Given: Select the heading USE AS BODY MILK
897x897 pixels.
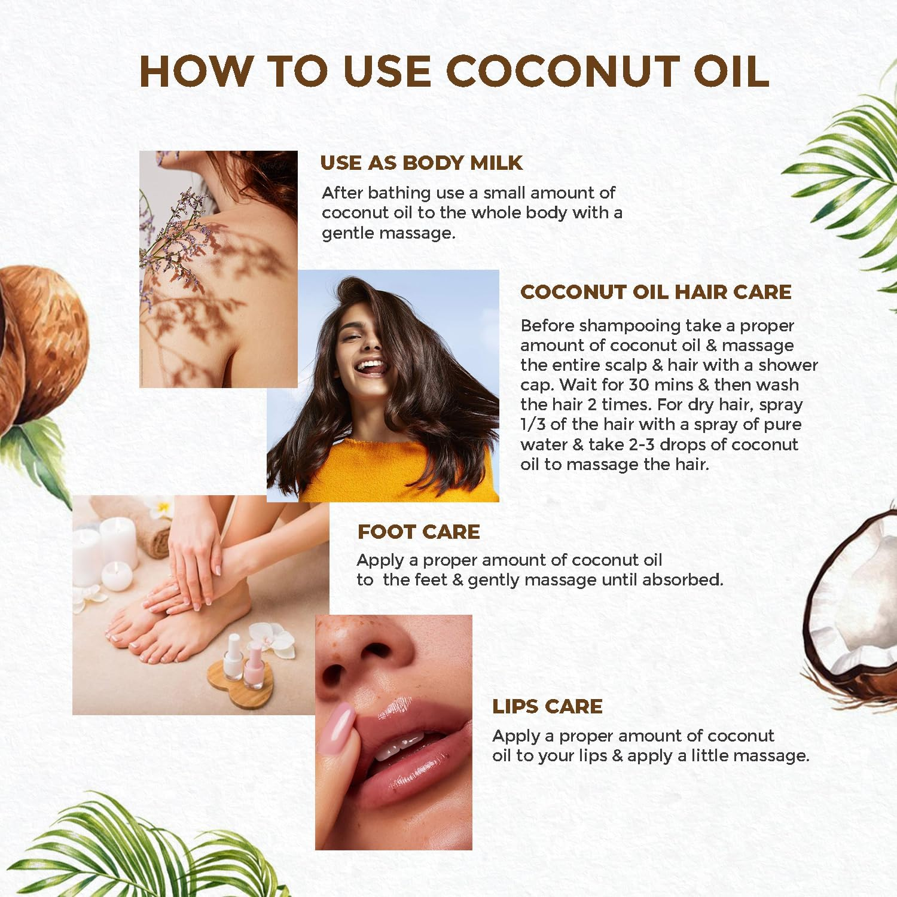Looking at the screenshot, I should coord(421,163).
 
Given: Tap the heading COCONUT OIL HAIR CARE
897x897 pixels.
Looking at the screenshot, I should coord(655,292).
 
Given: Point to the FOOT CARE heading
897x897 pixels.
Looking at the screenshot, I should coord(419,532).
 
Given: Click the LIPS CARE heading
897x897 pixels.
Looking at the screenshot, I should coord(547,706).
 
